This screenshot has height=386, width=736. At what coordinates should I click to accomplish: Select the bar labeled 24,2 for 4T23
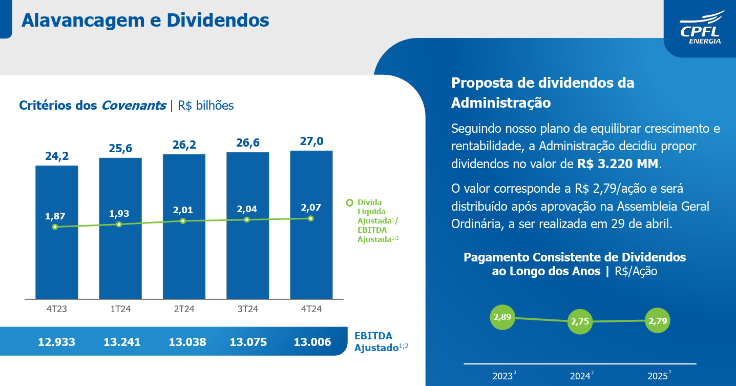pyautogui.click(x=56, y=256)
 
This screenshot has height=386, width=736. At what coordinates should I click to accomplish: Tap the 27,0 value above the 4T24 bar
pyautogui.click(x=311, y=141)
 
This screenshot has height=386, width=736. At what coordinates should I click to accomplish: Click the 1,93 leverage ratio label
pyautogui.click(x=119, y=213)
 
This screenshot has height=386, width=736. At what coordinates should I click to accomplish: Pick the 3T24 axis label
pyautogui.click(x=247, y=309)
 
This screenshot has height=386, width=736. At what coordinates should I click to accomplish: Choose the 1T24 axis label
pyautogui.click(x=120, y=309)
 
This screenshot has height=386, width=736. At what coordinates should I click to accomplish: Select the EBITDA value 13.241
pyautogui.click(x=122, y=342)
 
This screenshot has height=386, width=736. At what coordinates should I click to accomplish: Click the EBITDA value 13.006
pyautogui.click(x=312, y=342)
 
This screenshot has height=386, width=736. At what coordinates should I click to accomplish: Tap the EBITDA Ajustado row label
pyautogui.click(x=377, y=342)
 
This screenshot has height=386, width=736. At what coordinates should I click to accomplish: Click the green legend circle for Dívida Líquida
pyautogui.click(x=350, y=202)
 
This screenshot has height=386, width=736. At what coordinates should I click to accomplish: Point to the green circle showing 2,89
pyautogui.click(x=502, y=317)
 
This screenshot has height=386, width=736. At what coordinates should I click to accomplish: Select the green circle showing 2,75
pyautogui.click(x=580, y=322)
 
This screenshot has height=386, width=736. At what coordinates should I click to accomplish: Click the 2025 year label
pyautogui.click(x=657, y=376)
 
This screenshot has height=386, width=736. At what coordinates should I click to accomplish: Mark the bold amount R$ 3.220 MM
pyautogui.click(x=619, y=164)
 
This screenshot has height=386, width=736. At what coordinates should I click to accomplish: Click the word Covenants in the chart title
pyautogui.click(x=134, y=106)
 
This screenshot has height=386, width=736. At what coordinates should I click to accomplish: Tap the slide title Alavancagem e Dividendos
pyautogui.click(x=145, y=20)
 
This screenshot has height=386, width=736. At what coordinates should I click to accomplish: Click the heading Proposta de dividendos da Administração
pyautogui.click(x=542, y=93)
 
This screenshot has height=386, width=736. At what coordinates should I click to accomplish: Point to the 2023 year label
pyautogui.click(x=502, y=376)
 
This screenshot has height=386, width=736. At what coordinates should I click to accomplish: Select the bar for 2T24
pyautogui.click(x=184, y=256)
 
